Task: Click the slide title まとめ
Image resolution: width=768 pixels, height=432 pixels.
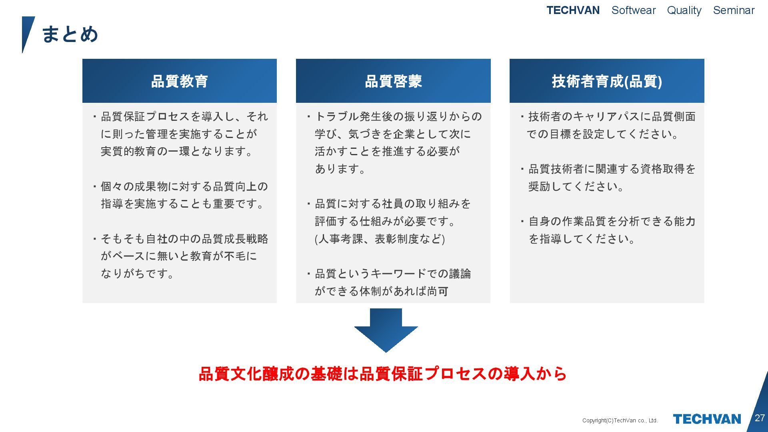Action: [x=70, y=34]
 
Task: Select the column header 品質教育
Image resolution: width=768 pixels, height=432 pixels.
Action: [x=179, y=81]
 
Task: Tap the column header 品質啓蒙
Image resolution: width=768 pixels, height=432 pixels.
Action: [x=393, y=81]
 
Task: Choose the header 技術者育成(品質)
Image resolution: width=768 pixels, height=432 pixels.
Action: [x=607, y=81]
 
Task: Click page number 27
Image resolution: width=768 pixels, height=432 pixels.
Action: [x=760, y=418]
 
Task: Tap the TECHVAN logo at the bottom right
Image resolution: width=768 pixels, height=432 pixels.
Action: [x=707, y=419]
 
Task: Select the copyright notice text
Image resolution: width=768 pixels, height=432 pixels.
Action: [x=620, y=420]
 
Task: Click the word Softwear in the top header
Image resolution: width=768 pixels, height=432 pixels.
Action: [x=634, y=10]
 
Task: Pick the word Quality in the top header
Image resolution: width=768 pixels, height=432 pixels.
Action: [x=684, y=10]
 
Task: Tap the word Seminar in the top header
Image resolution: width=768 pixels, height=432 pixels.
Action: [x=734, y=10]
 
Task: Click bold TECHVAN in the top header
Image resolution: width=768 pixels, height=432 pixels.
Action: [x=573, y=10]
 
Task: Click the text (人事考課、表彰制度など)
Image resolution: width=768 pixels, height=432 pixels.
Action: [x=380, y=239]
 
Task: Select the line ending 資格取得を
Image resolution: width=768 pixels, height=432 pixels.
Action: [x=612, y=169]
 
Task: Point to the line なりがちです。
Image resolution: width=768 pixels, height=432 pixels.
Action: [x=138, y=274]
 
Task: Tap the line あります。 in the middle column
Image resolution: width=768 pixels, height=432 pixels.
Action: [x=340, y=169]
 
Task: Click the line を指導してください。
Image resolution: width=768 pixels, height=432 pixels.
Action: [x=582, y=239]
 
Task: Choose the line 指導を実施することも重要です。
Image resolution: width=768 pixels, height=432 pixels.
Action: [x=183, y=204]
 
